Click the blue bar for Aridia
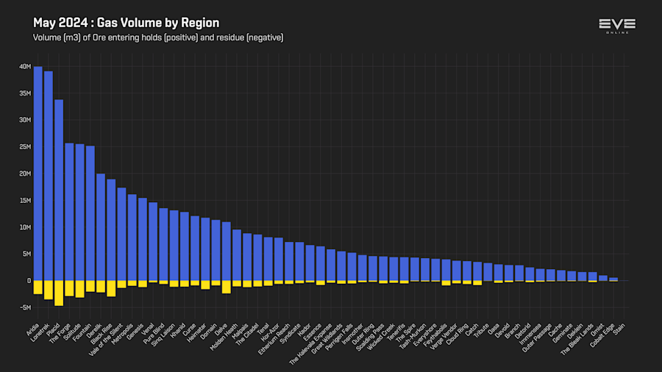[38, 174]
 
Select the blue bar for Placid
[59, 190]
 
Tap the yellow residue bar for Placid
[59, 293]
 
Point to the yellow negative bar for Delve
[226, 287]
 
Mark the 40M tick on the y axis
[26, 67]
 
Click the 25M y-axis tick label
[26, 147]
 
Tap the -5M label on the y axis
[26, 307]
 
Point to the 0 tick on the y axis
[29, 281]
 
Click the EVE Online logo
[616, 26]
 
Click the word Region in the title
[200, 24]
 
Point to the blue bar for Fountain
[90, 213]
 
